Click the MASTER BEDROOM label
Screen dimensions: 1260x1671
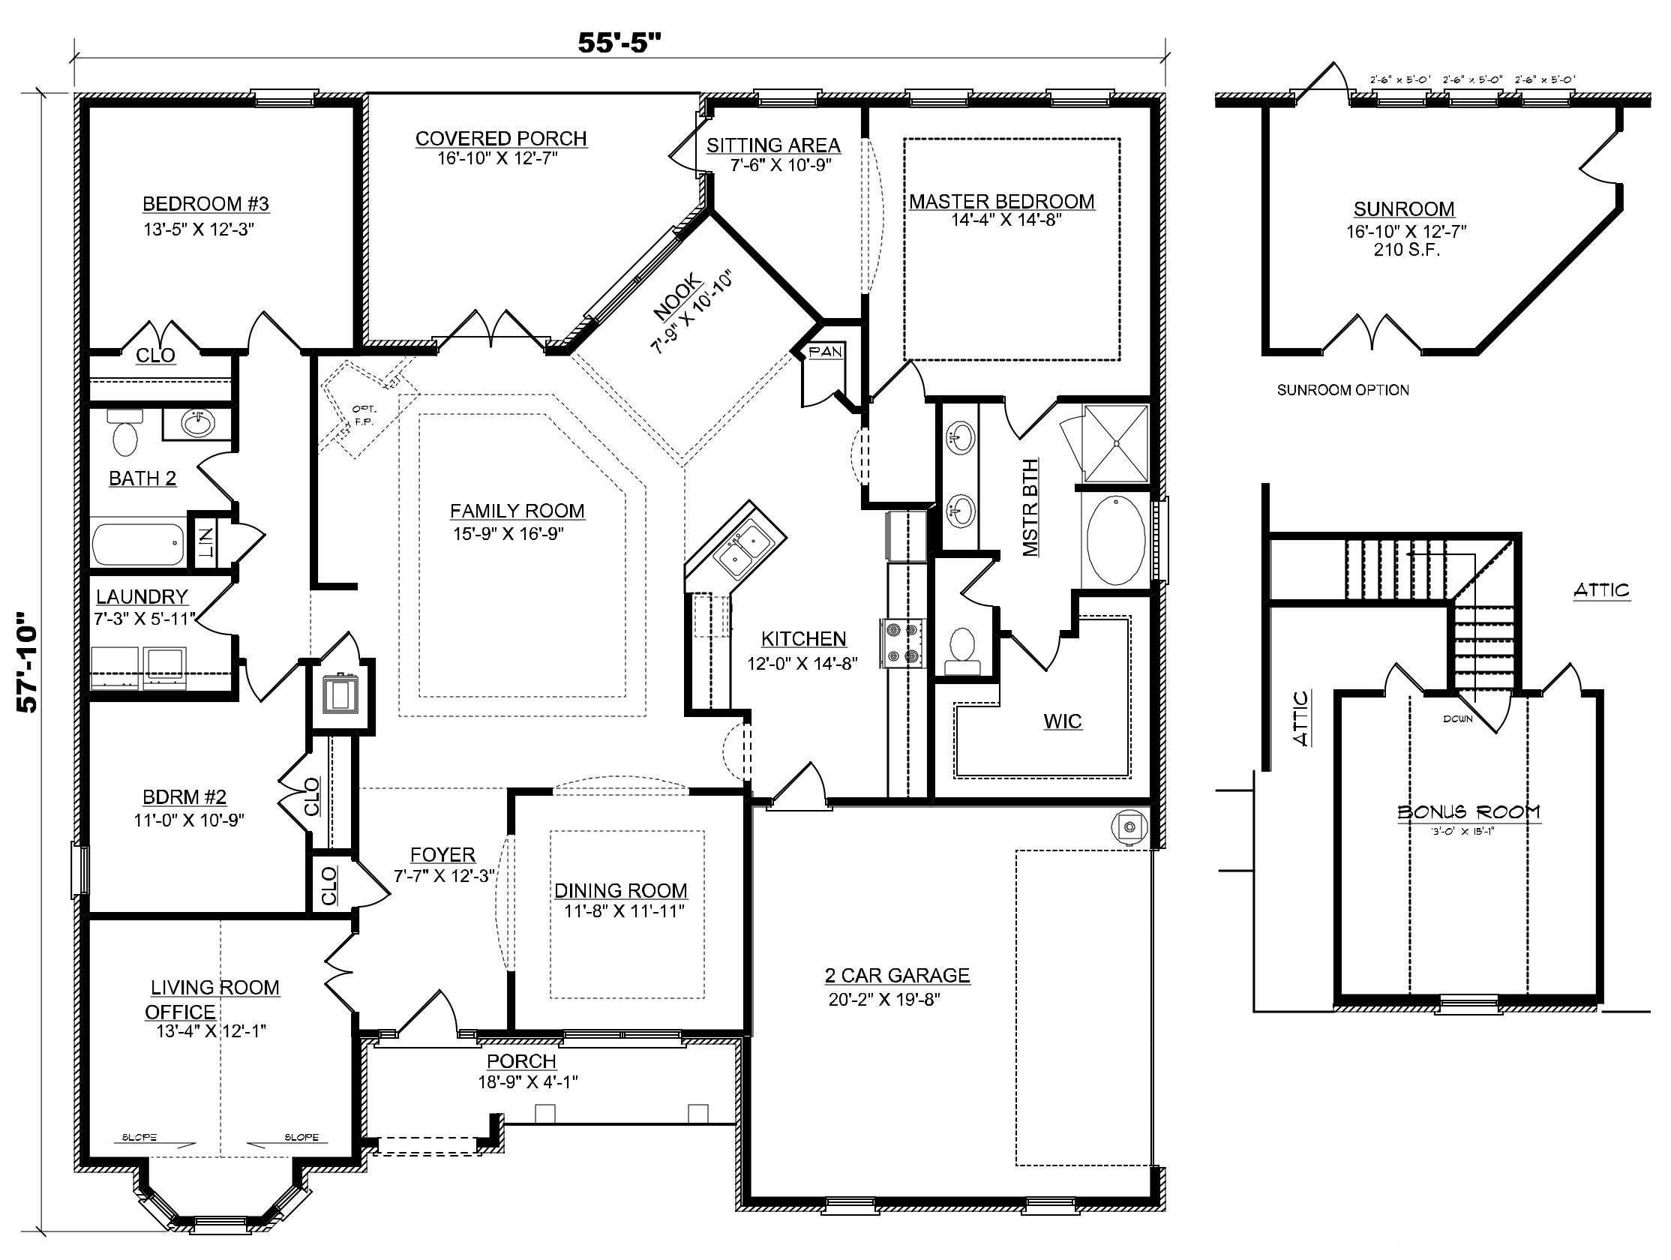click(x=1001, y=202)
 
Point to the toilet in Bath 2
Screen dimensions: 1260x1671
click(x=124, y=438)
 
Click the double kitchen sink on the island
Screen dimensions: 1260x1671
click(x=741, y=550)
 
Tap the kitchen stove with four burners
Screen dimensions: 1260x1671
click(x=902, y=643)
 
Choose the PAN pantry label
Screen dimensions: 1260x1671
click(x=824, y=352)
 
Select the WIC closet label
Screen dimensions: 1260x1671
click(x=1062, y=721)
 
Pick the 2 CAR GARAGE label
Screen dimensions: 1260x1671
click(x=897, y=975)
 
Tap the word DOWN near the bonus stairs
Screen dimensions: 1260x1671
click(x=1456, y=719)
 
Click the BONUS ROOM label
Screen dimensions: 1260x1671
click(x=1468, y=812)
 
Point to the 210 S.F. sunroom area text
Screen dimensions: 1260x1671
click(x=1403, y=250)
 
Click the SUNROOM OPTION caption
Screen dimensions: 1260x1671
click(x=1342, y=391)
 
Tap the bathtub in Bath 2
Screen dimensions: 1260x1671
click(x=137, y=543)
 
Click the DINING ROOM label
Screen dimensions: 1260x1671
click(x=621, y=890)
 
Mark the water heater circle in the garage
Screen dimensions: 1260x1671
click(x=1129, y=827)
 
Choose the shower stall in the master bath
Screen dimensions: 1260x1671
click(x=1116, y=443)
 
